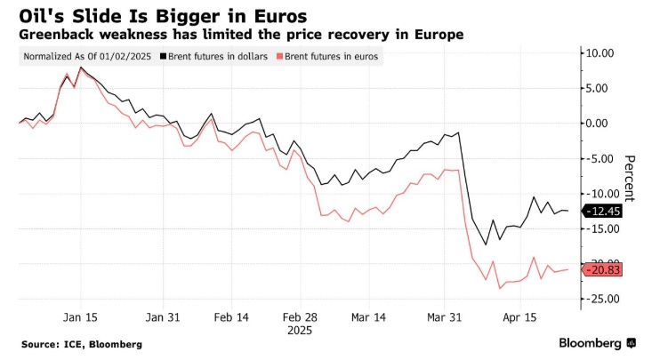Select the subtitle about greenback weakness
pyautogui.click(x=239, y=34)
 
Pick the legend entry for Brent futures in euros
pyautogui.click(x=329, y=56)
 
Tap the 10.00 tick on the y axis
pyautogui.click(x=596, y=52)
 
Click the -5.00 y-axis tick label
pyautogui.click(x=597, y=158)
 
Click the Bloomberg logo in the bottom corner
pyautogui.click(x=596, y=343)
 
